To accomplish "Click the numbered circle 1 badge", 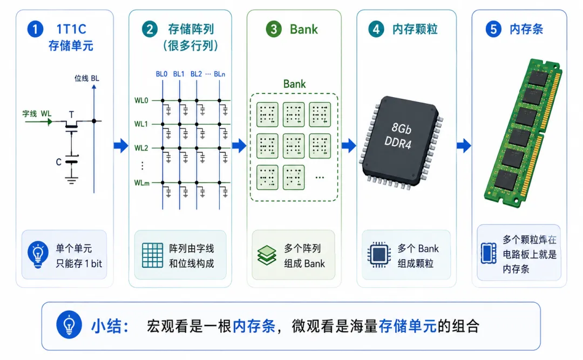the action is coord(35,29).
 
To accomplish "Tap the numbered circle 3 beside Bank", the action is coord(274,29).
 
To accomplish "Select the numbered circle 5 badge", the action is coord(493,29).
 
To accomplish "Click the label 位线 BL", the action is coord(86,78).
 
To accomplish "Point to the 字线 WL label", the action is coord(37,113).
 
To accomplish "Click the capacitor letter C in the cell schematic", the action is coord(58,162).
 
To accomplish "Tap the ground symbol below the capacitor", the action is coord(71,181).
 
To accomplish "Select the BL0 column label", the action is coord(161,74).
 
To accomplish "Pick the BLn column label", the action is coord(219,74).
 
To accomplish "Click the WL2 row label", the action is coord(141,148).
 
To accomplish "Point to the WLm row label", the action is coord(141,182).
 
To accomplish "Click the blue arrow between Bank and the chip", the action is coord(349,145).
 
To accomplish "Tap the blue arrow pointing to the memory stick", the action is coord(464,145).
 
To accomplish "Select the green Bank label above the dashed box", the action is coord(295,84).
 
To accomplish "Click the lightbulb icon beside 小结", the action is coord(69,325).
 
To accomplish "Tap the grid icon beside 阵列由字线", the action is coord(152,255).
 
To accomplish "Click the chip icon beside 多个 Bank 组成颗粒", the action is coord(379,255).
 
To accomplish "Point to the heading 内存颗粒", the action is coord(415,29).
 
